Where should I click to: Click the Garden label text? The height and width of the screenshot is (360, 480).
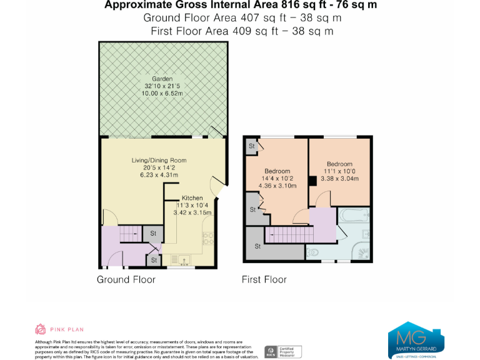[162, 79]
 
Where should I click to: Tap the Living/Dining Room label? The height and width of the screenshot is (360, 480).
[159, 161]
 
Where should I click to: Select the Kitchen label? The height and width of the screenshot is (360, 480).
[192, 198]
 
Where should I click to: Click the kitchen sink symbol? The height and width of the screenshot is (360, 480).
[184, 259]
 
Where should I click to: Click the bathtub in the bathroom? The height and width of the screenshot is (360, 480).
[355, 218]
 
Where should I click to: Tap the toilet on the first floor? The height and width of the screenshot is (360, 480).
[312, 252]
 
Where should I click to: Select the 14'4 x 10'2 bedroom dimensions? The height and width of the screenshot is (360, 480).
[277, 179]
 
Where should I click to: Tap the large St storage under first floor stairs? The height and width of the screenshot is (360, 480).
[257, 247]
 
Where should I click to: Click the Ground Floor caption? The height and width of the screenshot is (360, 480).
[126, 279]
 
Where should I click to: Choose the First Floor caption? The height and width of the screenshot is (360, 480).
[264, 279]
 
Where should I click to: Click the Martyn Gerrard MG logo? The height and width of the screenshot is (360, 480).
[416, 339]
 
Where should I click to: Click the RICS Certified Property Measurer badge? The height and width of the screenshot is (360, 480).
[284, 351]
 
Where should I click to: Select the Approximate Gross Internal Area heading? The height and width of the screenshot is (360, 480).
[241, 6]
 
